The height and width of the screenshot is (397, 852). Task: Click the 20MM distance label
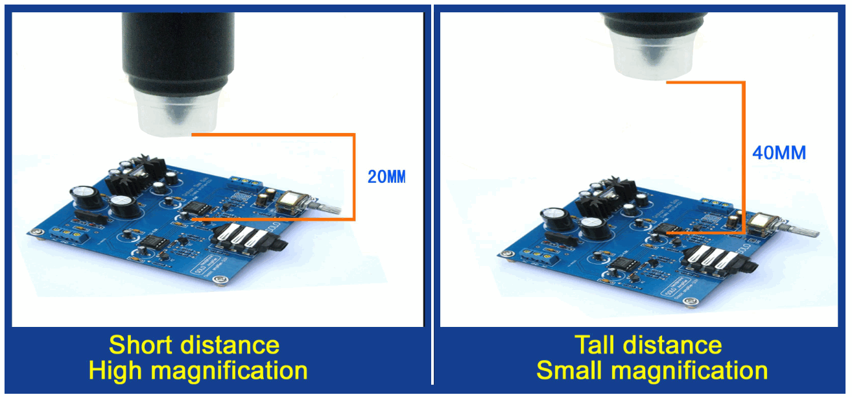tap(386, 176)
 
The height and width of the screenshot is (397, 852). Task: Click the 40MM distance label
tap(779, 153)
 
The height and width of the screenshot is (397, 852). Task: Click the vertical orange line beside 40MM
tap(744, 156)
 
